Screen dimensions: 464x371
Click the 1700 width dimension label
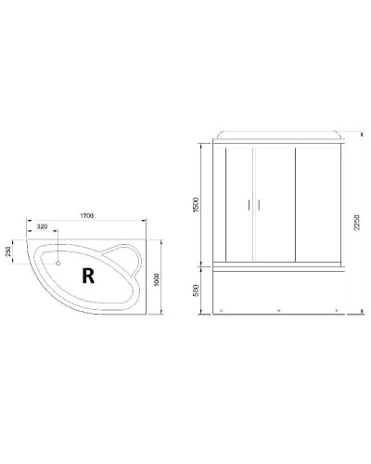[x=88, y=217]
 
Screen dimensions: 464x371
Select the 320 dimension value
[x=43, y=227]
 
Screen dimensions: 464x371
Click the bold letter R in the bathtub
[x=87, y=275]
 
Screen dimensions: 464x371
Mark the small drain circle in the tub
[x=58, y=262]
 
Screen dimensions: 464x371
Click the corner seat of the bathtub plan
[x=123, y=259]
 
